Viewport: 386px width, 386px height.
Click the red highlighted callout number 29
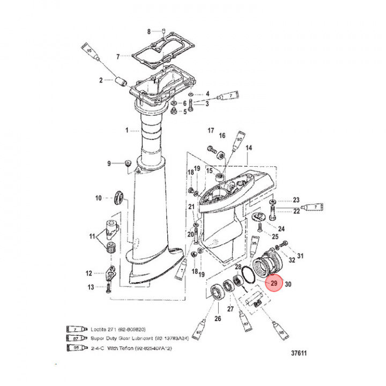tap(274, 284)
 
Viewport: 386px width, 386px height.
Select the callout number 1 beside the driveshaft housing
tap(127, 130)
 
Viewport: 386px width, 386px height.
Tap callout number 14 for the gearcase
tap(248, 147)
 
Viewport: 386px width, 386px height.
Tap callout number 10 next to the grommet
tap(99, 198)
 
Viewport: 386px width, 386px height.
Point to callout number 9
tap(109, 163)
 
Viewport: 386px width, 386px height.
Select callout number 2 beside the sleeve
tap(100, 81)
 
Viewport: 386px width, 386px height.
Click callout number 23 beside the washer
tap(296, 201)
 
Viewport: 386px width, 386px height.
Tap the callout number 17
tap(211, 130)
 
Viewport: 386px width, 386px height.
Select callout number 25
tap(275, 236)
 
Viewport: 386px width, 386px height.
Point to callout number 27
tap(231, 308)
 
